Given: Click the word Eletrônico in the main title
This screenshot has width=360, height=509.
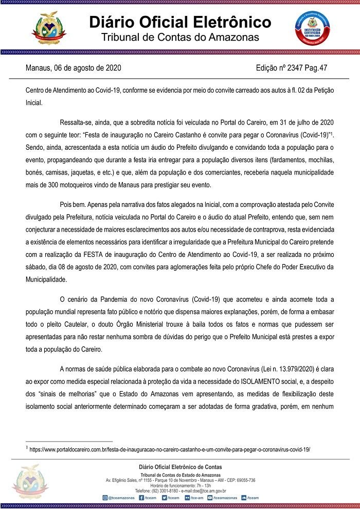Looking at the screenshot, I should point(228,22).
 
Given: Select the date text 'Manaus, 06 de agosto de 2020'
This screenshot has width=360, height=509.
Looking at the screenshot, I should point(74,68).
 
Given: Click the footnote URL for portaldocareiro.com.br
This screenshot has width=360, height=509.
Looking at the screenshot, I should point(170,449).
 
